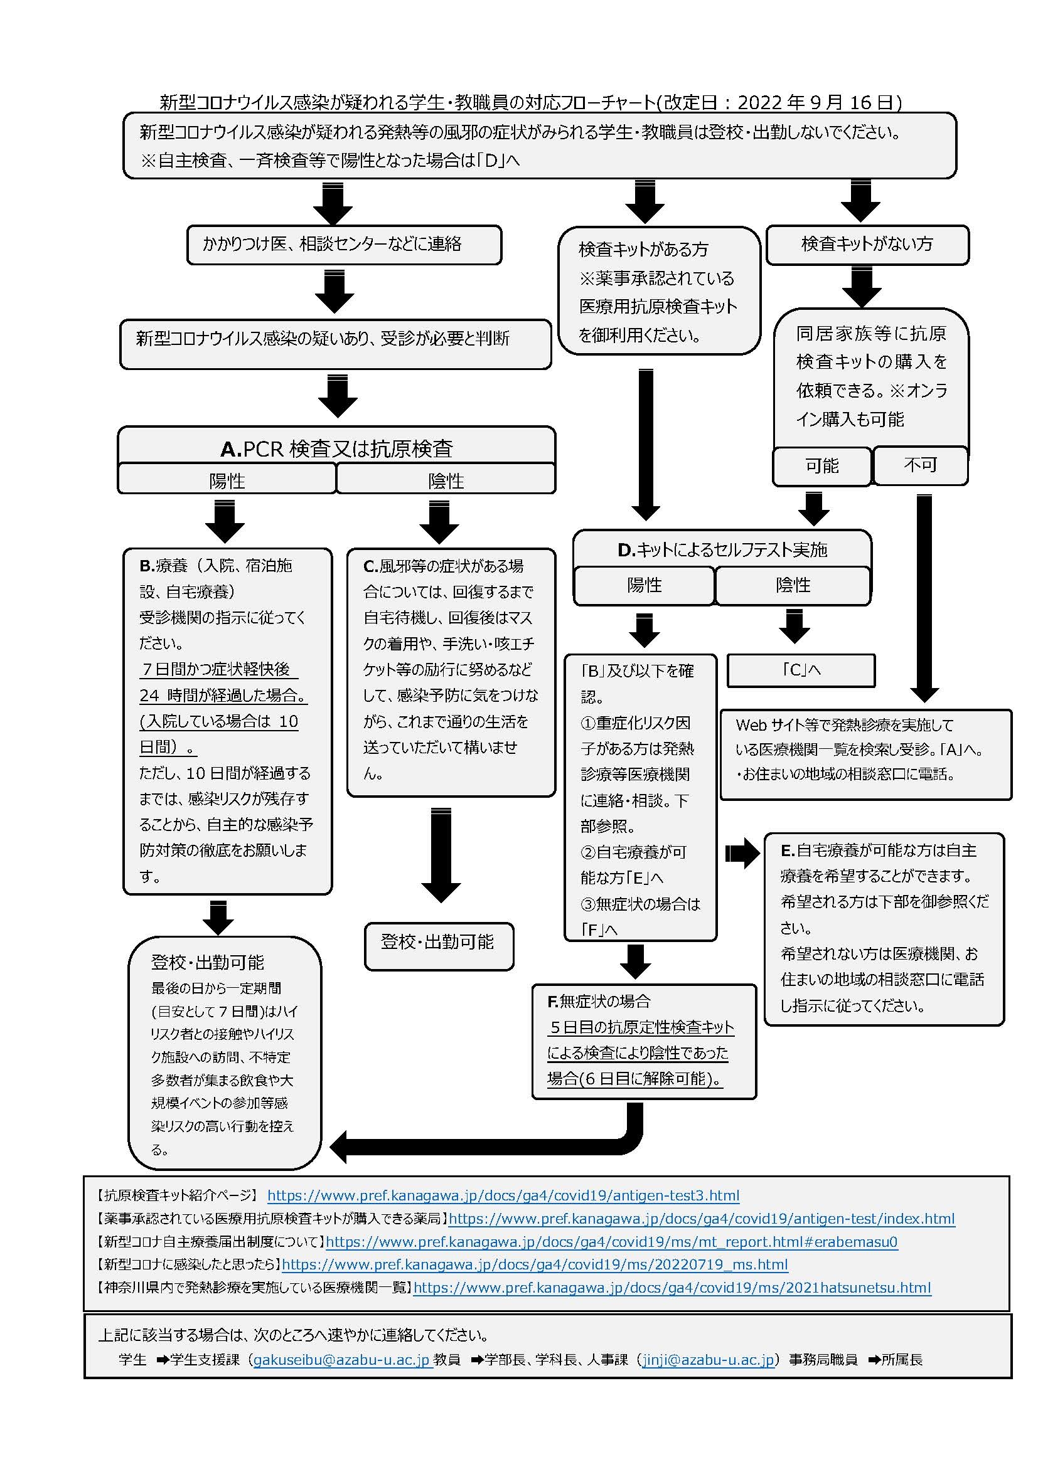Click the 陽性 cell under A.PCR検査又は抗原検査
227,480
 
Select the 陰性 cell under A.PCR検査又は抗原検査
446,480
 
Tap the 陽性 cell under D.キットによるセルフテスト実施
644,585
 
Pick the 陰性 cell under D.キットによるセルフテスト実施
793,585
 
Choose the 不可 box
921,465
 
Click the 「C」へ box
801,670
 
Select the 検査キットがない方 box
867,243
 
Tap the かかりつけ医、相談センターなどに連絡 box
344,244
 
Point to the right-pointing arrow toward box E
741,853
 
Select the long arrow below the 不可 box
924,598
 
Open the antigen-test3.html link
503,1195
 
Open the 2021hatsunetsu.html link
671,1288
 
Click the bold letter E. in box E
788,850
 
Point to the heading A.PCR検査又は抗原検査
337,448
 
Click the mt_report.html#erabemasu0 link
612,1241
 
